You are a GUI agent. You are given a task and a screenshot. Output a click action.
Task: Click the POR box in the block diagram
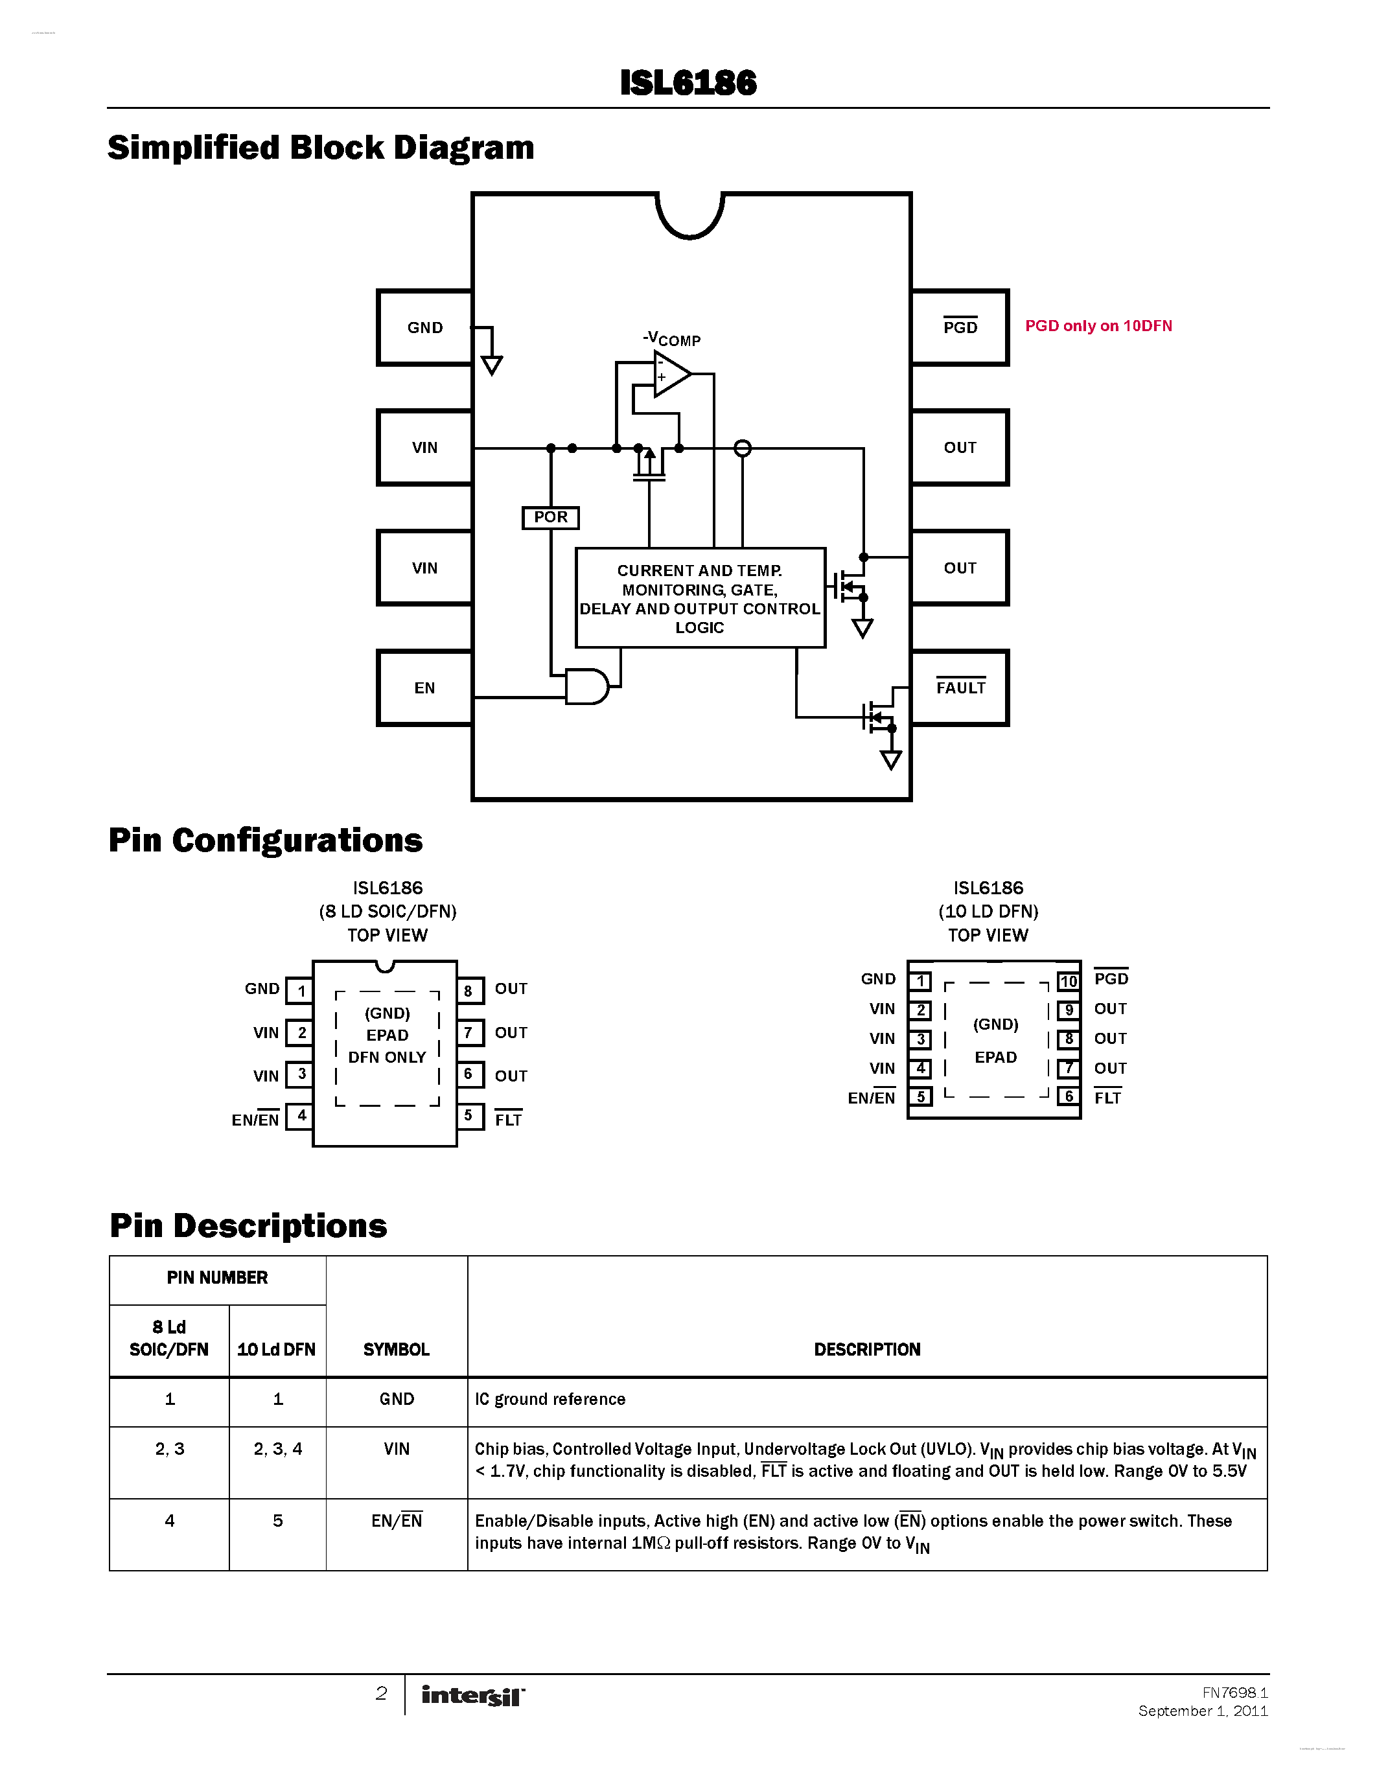pyautogui.click(x=551, y=517)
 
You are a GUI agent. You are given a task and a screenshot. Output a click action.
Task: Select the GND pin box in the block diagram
pyautogui.click(x=425, y=327)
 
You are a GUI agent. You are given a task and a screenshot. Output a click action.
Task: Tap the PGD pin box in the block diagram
pyautogui.click(x=960, y=327)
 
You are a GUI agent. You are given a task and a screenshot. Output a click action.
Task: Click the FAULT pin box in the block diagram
pyautogui.click(x=960, y=688)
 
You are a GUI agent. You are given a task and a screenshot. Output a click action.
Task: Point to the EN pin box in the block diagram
pyautogui.click(x=425, y=688)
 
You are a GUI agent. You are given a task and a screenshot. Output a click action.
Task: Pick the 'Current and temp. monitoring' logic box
pyautogui.click(x=700, y=598)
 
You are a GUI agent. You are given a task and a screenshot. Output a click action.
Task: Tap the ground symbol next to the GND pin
pyautogui.click(x=492, y=364)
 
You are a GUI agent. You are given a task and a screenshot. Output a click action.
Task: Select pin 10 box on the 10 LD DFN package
pyautogui.click(x=1069, y=981)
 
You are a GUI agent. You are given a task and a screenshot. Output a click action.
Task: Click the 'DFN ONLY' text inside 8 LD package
pyautogui.click(x=387, y=1058)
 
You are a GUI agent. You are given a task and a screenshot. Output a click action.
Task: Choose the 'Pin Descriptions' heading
pyautogui.click(x=248, y=1225)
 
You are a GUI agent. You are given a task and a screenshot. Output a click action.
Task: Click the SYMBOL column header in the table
pyautogui.click(x=397, y=1350)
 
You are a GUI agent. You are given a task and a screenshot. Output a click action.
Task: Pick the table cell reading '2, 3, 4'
pyautogui.click(x=277, y=1449)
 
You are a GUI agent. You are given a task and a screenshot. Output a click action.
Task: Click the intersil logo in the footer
pyautogui.click(x=473, y=1696)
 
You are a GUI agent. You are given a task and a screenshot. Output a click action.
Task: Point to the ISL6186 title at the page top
pyautogui.click(x=688, y=83)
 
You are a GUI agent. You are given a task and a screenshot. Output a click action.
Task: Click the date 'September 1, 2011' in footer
pyautogui.click(x=1203, y=1711)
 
